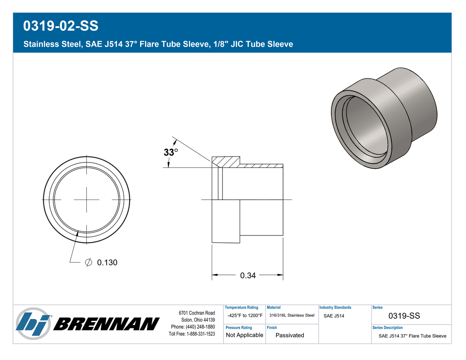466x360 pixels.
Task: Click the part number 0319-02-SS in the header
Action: tap(60, 26)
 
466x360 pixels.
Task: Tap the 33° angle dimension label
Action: tap(170, 152)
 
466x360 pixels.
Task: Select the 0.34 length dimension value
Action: tap(248, 276)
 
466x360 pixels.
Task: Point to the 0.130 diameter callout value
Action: tap(107, 262)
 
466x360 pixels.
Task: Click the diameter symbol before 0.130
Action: tap(88, 262)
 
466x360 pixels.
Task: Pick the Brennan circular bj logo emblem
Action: tap(33, 323)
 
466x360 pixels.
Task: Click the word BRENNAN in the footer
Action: tap(106, 324)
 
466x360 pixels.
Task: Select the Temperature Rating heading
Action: tap(241, 307)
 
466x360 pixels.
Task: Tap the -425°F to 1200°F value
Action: tap(245, 315)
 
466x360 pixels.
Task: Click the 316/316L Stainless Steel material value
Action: tap(292, 315)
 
